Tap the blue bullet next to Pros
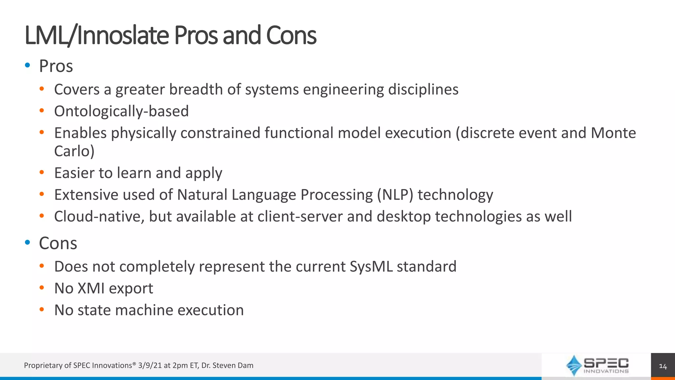[28, 65]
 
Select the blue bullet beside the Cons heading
[28, 242]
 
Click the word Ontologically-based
[121, 111]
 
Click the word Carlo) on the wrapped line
[74, 151]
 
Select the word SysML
[371, 267]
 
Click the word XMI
[91, 288]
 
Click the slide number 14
[662, 366]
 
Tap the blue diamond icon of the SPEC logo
[574, 365]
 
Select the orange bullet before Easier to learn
[42, 172]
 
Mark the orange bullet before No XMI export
[42, 288]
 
